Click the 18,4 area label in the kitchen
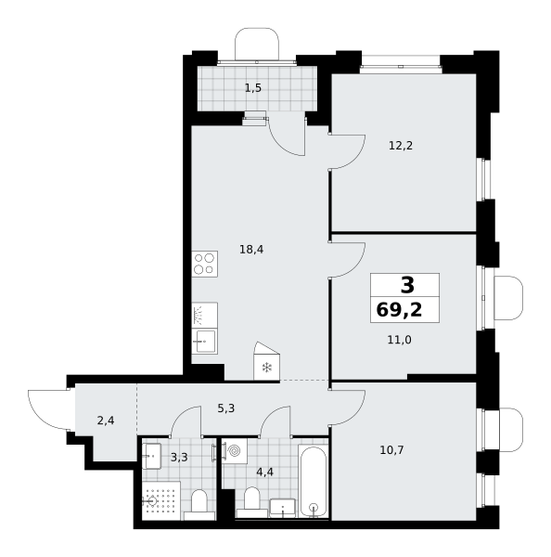(251, 250)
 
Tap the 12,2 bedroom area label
(401, 146)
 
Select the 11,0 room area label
(400, 340)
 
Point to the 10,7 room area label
(392, 450)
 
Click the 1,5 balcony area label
(253, 88)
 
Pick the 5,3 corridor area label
(226, 408)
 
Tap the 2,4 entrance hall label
(106, 421)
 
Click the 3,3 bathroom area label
(179, 457)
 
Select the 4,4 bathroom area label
(265, 473)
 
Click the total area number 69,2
(400, 310)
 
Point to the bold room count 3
(407, 285)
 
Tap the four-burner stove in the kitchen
(205, 264)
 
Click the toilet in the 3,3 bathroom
(199, 504)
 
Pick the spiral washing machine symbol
(235, 451)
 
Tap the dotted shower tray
(161, 501)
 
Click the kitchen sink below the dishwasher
(205, 342)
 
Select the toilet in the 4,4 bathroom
(252, 502)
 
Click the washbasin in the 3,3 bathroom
(151, 456)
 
